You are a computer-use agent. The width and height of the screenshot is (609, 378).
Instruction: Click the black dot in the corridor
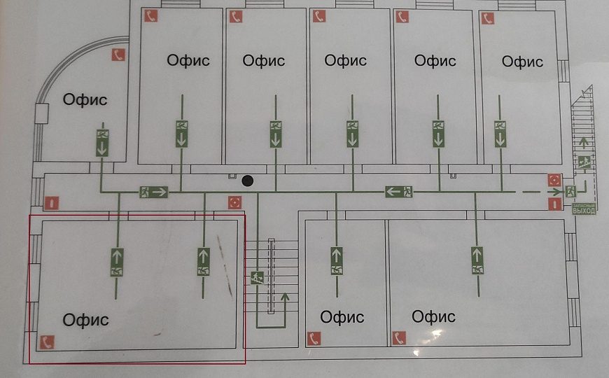pos(246,181)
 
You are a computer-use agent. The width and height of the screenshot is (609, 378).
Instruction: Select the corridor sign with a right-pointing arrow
pos(153,191)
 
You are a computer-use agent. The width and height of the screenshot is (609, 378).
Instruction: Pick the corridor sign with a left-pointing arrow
pos(400,191)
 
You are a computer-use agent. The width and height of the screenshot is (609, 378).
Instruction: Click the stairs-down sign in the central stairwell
pos(257,277)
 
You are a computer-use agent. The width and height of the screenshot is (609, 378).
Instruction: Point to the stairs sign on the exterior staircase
pos(584,162)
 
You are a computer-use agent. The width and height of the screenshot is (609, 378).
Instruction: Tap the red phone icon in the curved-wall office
pos(118,55)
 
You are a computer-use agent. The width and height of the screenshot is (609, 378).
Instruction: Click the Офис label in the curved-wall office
pos(85,99)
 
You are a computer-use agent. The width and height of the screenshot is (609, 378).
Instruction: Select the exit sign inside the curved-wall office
pos(102,142)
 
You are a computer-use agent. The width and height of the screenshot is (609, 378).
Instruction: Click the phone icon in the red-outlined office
pos(47,342)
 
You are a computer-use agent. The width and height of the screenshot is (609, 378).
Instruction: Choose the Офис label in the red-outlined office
pos(85,320)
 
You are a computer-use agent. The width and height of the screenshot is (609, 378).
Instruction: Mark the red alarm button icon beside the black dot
pos(234,203)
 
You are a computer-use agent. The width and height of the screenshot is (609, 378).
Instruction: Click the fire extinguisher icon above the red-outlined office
pos(51,203)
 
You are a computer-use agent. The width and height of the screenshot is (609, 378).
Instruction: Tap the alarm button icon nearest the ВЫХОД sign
pos(554,180)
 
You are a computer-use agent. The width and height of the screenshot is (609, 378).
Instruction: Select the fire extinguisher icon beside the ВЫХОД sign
pos(554,203)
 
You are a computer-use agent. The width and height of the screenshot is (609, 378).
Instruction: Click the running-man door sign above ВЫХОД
pos(571,190)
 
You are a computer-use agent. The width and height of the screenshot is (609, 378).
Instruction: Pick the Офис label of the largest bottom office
pos(434,316)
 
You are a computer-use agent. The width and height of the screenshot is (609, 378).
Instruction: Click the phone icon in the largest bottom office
pos(399,338)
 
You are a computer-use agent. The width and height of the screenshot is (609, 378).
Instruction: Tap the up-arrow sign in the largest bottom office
pos(477,260)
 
